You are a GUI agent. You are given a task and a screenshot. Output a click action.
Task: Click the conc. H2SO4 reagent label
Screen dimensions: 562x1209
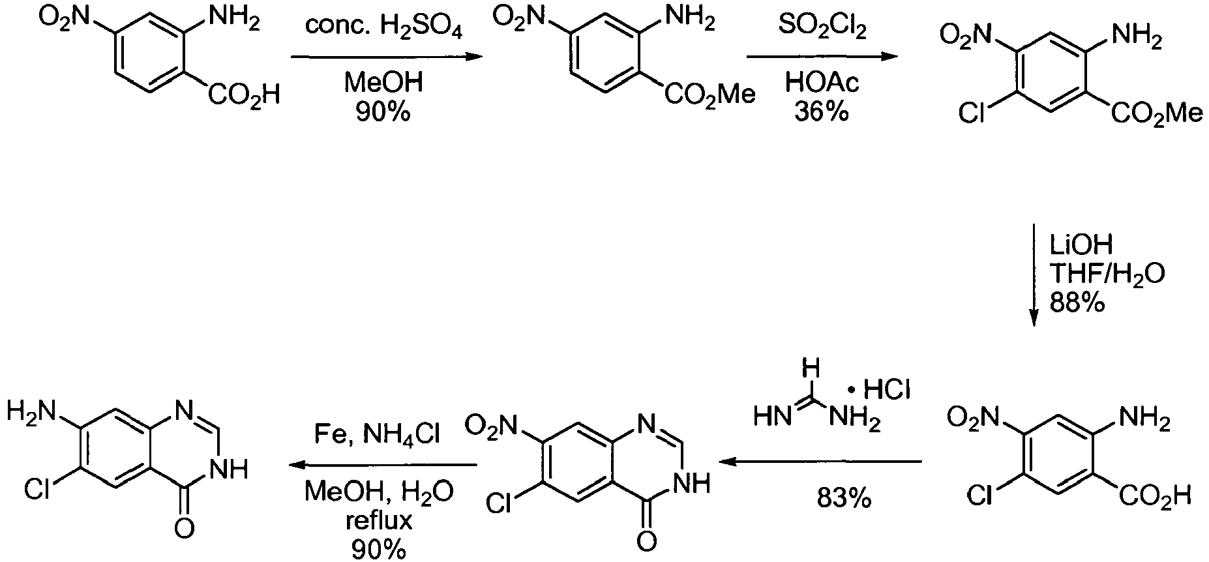tap(384, 29)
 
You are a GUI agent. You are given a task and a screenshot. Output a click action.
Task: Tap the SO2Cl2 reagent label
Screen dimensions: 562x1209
tap(822, 29)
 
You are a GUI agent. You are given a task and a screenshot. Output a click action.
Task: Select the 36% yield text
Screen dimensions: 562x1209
tap(822, 112)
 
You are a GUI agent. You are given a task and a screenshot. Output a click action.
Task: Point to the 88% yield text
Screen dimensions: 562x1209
tap(1077, 302)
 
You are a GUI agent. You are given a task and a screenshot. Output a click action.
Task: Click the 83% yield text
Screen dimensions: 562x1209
tap(844, 499)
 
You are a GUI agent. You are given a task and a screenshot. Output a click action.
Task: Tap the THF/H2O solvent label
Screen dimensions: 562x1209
tap(1107, 274)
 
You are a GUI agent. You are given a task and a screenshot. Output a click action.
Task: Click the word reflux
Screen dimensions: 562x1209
tap(379, 522)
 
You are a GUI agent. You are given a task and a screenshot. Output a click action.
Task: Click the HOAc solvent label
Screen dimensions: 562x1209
tap(822, 83)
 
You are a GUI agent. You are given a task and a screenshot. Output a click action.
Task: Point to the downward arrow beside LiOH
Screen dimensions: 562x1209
tap(1033, 274)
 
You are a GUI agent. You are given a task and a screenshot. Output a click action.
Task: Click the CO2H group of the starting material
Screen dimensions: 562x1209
tap(244, 95)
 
